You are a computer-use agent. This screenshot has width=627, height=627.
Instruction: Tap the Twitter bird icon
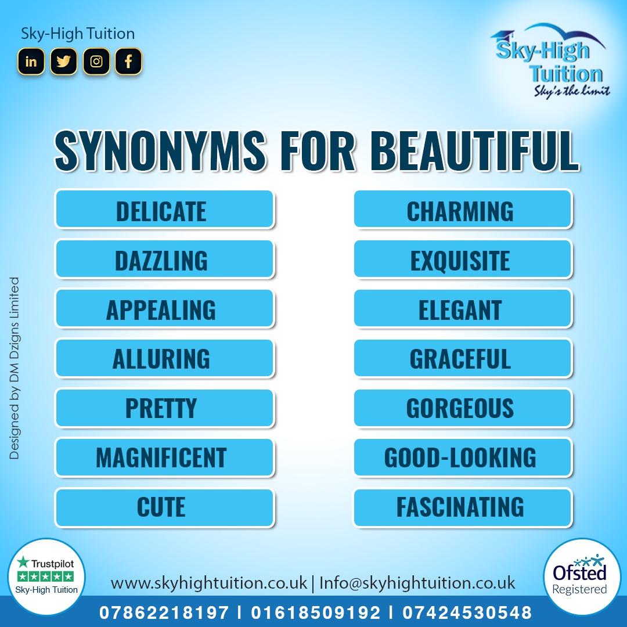(63, 62)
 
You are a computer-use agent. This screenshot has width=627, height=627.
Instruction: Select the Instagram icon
(96, 62)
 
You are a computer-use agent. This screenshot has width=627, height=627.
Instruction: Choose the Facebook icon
(128, 62)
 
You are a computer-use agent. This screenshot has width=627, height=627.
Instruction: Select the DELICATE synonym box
(164, 210)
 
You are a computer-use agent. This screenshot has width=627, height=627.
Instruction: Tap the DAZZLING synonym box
(164, 259)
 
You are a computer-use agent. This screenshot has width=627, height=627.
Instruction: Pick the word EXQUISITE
(460, 261)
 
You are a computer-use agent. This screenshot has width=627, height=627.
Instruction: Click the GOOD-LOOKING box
(463, 457)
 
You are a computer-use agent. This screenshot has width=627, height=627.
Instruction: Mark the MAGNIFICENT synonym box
(164, 457)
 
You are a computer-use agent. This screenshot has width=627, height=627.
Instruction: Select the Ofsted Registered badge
(579, 577)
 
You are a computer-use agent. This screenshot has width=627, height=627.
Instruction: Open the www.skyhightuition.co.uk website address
(208, 583)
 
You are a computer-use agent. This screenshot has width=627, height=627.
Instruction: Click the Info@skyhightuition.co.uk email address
(417, 583)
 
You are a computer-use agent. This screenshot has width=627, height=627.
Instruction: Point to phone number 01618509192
(316, 612)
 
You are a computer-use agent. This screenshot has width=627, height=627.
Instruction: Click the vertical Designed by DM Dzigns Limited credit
(15, 368)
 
